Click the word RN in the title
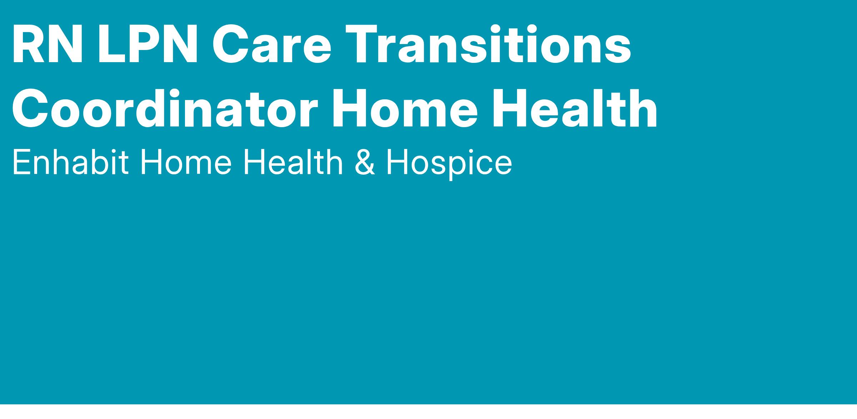tap(48, 44)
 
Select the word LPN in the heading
tap(148, 44)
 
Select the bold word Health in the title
tap(575, 108)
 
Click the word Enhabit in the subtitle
tap(70, 162)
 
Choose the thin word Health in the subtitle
tap(293, 162)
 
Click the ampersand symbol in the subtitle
tap(365, 163)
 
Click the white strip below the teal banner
tap(428, 412)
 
